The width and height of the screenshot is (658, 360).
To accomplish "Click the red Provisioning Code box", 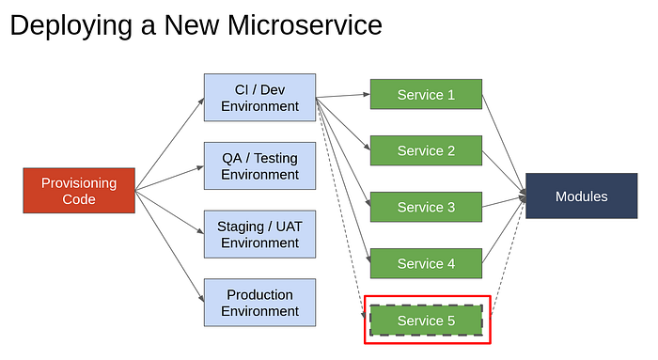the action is tap(79, 191).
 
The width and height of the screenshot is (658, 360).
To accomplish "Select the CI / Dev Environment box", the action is tap(259, 98).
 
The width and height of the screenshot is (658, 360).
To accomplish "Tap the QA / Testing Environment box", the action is tap(259, 165).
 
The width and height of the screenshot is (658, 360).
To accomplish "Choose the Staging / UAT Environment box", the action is tap(259, 234).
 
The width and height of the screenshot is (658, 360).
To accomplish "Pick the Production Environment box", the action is tap(259, 303).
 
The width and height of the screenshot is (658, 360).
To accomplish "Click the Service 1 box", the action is tap(426, 94).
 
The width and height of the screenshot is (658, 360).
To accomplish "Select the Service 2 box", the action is tap(426, 150).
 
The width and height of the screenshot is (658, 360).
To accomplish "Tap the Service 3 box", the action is tap(426, 207).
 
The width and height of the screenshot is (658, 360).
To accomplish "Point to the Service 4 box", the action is tap(426, 263).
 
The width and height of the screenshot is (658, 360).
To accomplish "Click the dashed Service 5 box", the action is tap(426, 321).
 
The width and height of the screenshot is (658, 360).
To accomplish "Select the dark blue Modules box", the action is tap(582, 196).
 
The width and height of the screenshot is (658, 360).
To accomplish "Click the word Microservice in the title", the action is tap(305, 25).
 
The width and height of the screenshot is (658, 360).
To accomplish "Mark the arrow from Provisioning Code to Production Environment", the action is tap(169, 246).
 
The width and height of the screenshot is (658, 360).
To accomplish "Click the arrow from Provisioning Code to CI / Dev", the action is tap(169, 145).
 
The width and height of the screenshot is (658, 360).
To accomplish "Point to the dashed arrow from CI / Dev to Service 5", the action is tap(340, 208).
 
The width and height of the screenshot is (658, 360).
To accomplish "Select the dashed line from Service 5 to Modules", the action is tap(509, 257).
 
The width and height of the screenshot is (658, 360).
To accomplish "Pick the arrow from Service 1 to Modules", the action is tap(504, 145).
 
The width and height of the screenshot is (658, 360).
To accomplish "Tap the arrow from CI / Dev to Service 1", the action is tap(343, 96).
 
